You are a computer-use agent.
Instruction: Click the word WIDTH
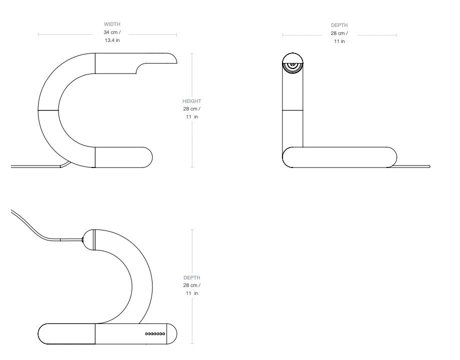pos(112,24)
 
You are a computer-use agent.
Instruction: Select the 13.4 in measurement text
pos(112,40)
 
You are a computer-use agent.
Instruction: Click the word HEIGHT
pos(192,101)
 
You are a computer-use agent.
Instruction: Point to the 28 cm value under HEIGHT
pos(190,109)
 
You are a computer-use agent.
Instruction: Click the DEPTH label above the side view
pos(339,25)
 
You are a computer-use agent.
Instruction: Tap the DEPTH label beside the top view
pos(192,277)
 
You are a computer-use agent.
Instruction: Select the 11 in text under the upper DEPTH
pos(339,41)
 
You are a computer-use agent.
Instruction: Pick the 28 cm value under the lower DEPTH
pos(190,285)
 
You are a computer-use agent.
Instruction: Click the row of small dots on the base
pos(155,334)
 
